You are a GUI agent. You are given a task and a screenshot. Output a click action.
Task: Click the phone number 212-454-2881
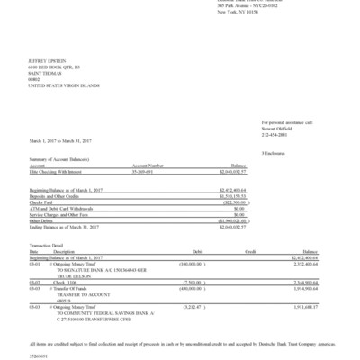click(x=273, y=133)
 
